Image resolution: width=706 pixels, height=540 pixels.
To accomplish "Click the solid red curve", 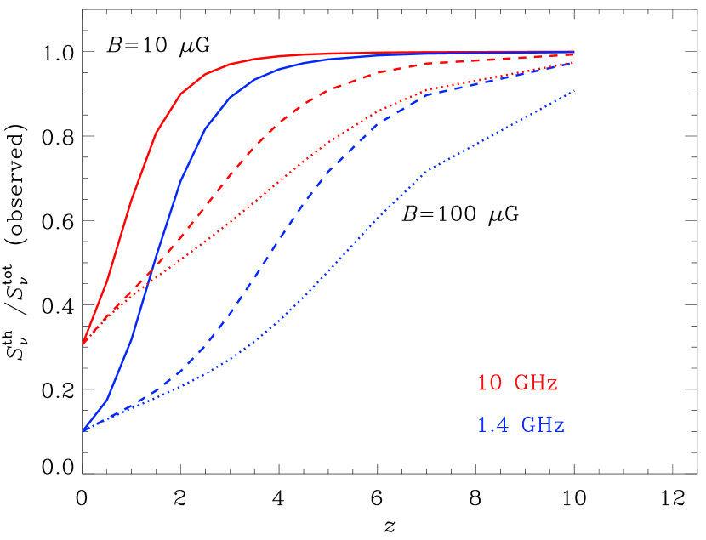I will tap(156, 133).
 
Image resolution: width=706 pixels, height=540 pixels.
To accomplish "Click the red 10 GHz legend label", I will tap(517, 384).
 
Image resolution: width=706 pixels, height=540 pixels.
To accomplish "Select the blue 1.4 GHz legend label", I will tap(521, 424).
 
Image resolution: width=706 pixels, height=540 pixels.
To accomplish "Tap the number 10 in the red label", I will tap(489, 384).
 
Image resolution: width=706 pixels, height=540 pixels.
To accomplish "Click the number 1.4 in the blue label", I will tap(492, 424).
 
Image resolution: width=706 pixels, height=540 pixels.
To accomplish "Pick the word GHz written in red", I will tap(536, 384).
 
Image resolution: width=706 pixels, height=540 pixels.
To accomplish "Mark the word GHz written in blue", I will tap(543, 424).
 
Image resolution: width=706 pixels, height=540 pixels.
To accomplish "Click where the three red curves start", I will tap(83, 343).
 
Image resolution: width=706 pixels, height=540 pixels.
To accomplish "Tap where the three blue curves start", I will tap(83, 431).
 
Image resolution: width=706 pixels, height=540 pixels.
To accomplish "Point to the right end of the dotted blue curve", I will tap(574, 90).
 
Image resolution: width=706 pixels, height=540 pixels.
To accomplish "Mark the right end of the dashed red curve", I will tap(574, 55).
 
